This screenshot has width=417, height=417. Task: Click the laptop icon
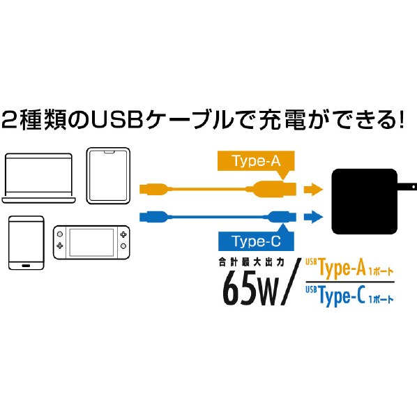point(38,179)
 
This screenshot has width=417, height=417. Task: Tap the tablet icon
point(108,176)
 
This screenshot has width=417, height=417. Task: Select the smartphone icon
point(26,243)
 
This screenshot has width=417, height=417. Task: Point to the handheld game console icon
point(91,242)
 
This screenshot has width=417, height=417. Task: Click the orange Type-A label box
point(256,161)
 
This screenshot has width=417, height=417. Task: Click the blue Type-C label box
point(256,241)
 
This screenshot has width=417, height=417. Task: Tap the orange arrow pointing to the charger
point(313,190)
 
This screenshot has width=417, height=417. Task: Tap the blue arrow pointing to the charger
point(313,217)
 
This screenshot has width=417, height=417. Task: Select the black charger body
point(364,202)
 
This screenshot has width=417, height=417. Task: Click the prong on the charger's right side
point(407,187)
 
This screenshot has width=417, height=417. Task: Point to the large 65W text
point(251,288)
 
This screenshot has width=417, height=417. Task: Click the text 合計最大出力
point(252,262)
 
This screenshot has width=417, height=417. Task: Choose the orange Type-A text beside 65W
point(342,268)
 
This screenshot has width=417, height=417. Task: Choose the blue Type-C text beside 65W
point(342,296)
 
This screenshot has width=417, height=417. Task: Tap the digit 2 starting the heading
point(10,120)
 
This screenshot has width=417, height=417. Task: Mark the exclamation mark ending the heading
point(401,119)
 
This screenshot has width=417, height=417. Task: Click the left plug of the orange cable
point(153,189)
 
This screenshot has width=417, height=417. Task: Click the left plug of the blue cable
point(153,217)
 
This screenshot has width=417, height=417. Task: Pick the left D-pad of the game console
point(60,245)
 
